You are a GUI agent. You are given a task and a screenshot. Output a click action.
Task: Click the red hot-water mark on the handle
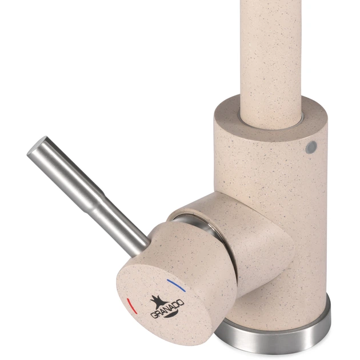click(x=131, y=306)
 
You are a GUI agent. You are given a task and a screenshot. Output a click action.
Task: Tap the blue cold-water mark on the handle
click(x=177, y=285)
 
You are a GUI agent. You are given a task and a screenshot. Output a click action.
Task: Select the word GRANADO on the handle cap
click(x=167, y=309)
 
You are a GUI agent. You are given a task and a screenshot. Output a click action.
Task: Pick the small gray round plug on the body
click(x=311, y=147)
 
